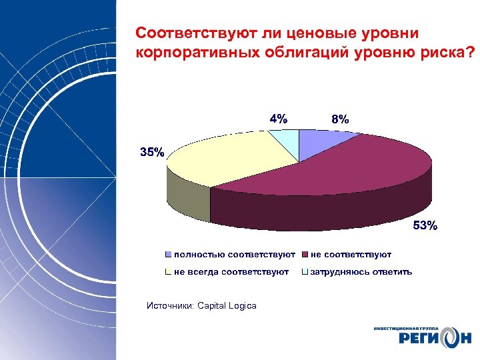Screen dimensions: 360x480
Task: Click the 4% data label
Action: pos(279,119)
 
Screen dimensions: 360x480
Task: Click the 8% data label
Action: pos(339,120)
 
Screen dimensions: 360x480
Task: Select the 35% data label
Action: pos(151,152)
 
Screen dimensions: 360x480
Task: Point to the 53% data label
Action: pos(425,226)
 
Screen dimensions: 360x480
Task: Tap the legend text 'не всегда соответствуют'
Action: pos(231,271)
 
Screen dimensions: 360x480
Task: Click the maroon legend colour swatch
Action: pos(305,255)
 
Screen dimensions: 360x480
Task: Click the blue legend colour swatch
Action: pos(169,255)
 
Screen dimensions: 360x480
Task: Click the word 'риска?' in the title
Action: pos(453,52)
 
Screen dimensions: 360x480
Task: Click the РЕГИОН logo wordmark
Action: pos(427,340)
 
